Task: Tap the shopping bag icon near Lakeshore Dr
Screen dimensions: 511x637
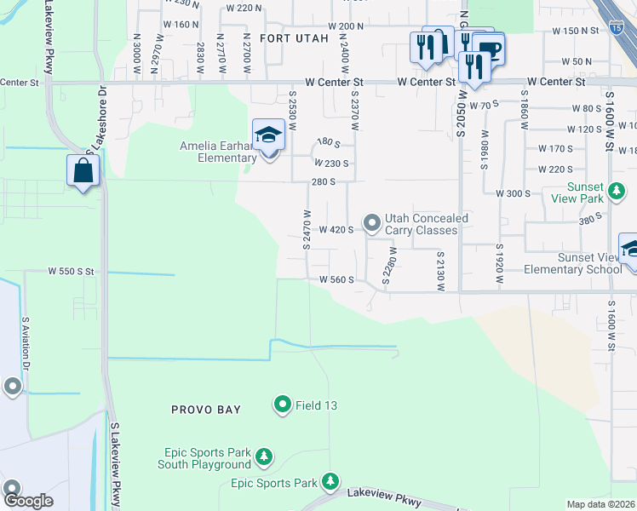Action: point(83,169)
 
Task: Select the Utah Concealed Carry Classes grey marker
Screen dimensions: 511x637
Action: point(371,223)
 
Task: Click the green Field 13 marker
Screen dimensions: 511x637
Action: point(283,405)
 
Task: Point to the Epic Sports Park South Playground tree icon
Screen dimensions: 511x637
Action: point(264,457)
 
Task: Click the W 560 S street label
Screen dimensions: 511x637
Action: point(336,279)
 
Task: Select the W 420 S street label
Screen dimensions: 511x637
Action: point(336,230)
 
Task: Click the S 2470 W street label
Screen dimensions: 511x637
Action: point(305,230)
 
